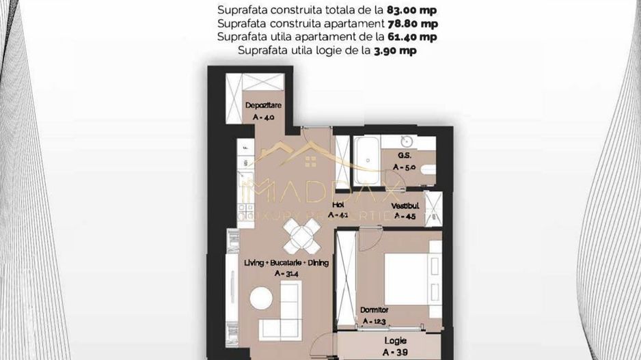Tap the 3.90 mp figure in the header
pyautogui.click(x=394, y=50)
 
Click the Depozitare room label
pyautogui.click(x=260, y=105)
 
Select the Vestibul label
pyautogui.click(x=405, y=206)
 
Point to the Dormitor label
pyautogui.click(x=374, y=310)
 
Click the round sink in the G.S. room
pyautogui.click(x=407, y=142)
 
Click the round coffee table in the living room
pyautogui.click(x=260, y=298)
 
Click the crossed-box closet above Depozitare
pyautogui.click(x=262, y=81)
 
